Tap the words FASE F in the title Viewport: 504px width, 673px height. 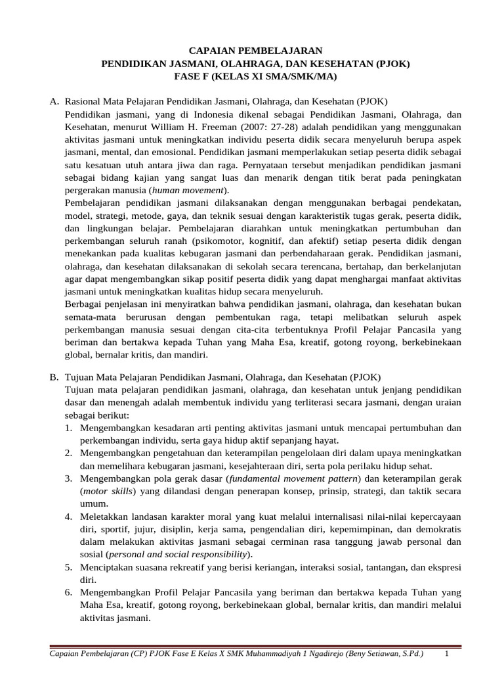195,77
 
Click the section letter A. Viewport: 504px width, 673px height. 54,102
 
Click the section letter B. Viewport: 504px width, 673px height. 54,377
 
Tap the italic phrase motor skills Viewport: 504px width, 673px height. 107,490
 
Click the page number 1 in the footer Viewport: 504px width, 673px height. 446,655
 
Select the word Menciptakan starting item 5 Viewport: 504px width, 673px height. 109,566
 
